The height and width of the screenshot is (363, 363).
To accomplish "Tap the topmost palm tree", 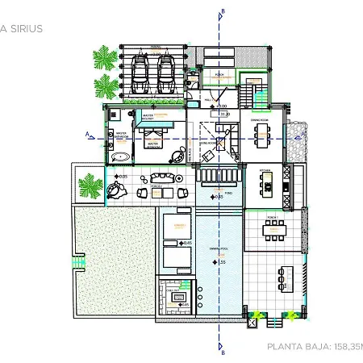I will (103, 58).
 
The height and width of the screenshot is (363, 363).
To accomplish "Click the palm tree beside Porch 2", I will (89, 186).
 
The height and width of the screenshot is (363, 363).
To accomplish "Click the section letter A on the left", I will (86, 134).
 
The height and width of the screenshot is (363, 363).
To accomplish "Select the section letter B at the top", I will (222, 11).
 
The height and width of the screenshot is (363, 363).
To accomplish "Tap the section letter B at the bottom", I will (222, 351).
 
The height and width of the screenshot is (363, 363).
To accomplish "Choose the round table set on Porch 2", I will (117, 190).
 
